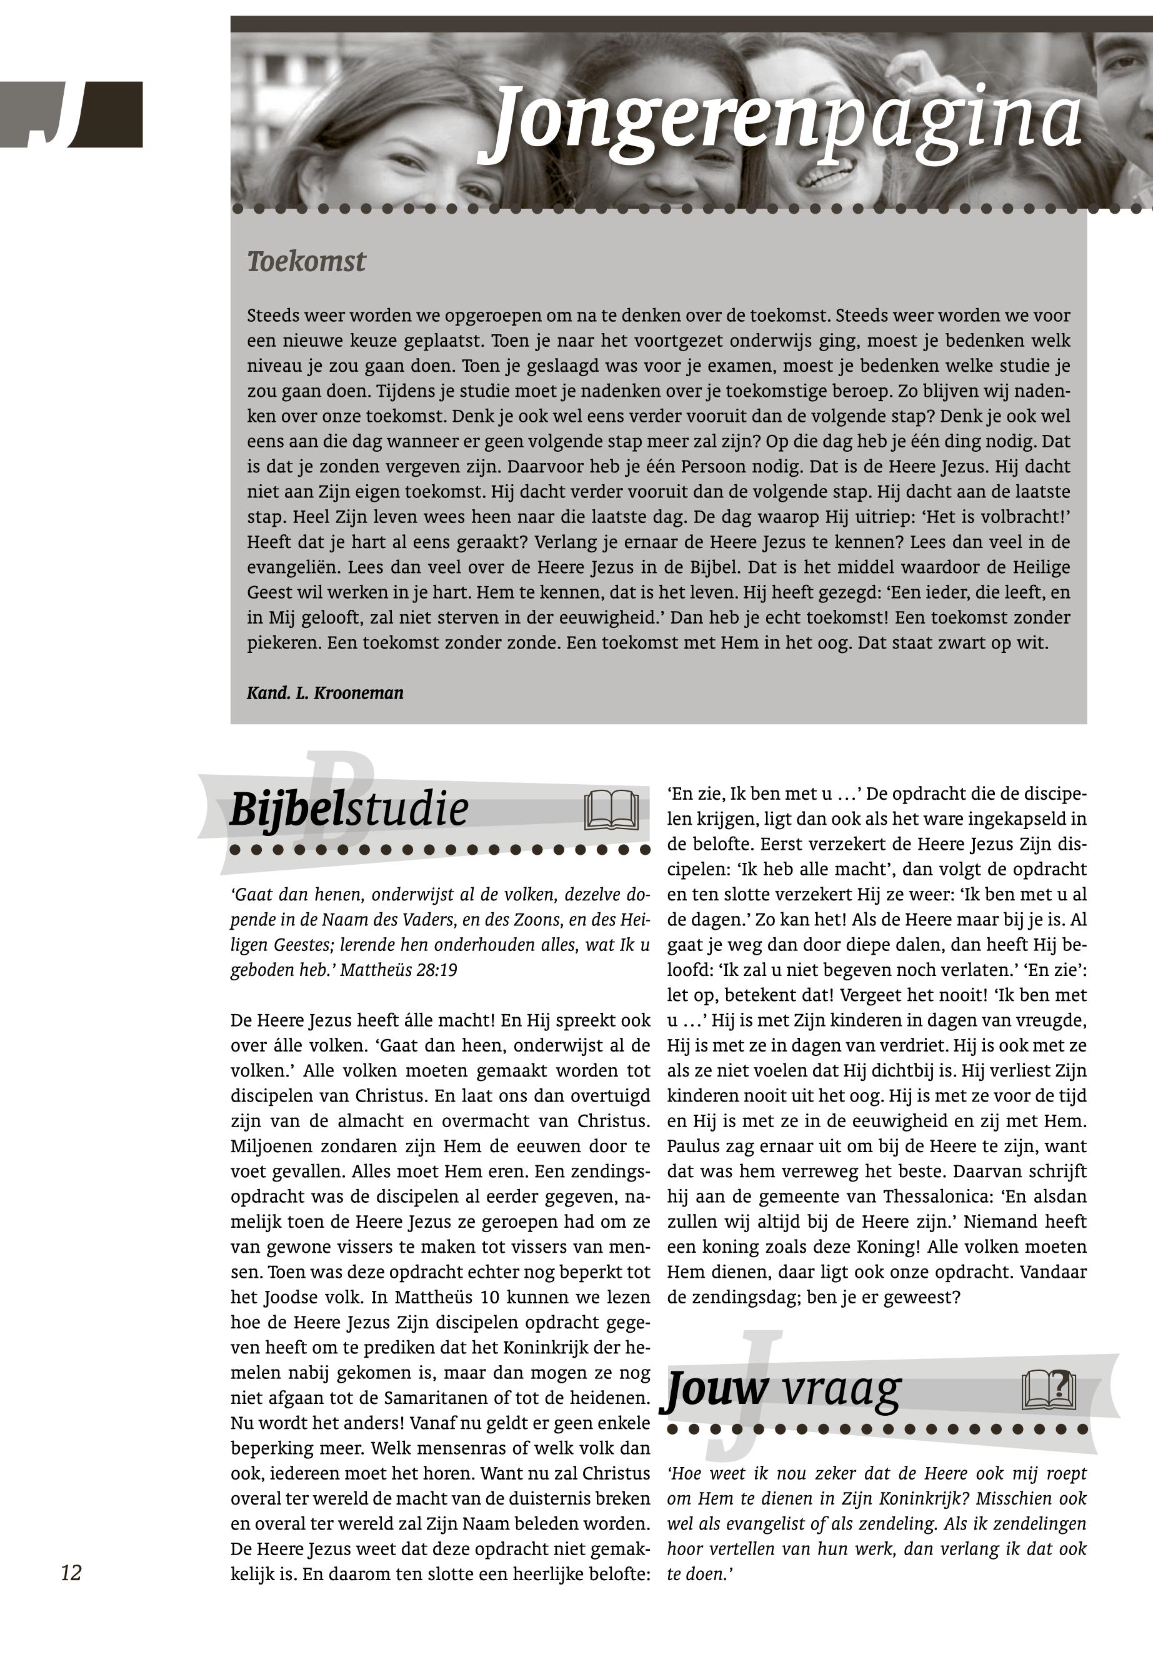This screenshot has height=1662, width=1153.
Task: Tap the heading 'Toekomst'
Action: [x=306, y=261]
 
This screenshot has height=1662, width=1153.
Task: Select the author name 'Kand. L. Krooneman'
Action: [x=325, y=694]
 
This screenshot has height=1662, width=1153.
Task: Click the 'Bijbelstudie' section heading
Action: [x=349, y=809]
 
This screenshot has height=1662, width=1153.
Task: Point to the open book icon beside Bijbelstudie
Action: [x=611, y=810]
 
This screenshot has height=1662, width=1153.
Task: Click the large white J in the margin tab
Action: [x=54, y=114]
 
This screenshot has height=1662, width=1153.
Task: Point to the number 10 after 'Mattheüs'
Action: [x=489, y=1297]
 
